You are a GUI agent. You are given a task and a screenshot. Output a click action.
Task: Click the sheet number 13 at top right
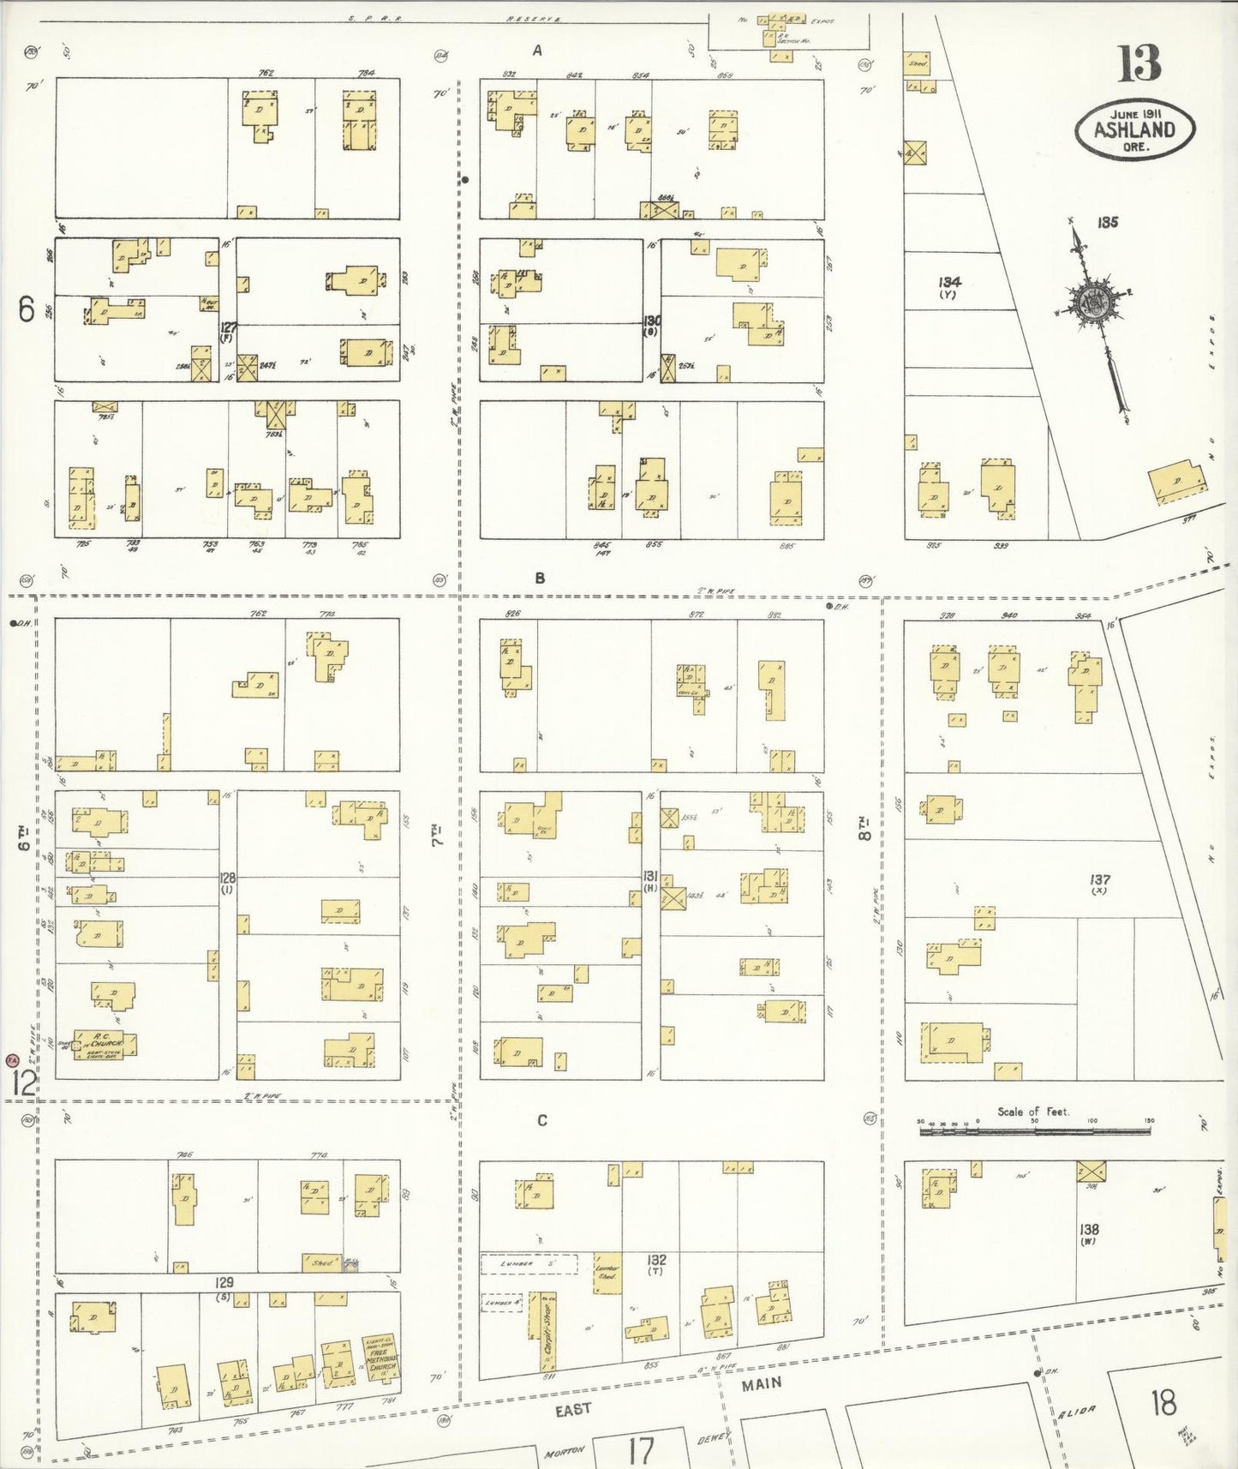[x=1139, y=64]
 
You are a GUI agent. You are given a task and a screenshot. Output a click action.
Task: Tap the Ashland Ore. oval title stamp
[x=1135, y=130]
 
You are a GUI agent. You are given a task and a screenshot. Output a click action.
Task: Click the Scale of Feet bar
[x=1034, y=1131]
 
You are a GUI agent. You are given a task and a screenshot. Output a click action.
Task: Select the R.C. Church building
[x=105, y=1044]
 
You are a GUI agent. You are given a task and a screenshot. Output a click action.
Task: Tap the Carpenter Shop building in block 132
[x=547, y=1331]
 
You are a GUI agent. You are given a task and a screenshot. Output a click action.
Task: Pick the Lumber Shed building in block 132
[x=607, y=1273]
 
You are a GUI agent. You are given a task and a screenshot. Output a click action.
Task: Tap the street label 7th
[x=437, y=836]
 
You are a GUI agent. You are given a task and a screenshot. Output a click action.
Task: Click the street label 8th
[x=865, y=830]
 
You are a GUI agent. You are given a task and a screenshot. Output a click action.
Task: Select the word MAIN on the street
[x=762, y=1383]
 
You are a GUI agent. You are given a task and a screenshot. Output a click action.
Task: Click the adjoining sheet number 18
[x=1163, y=1404]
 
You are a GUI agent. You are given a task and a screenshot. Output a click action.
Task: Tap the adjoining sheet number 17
[x=640, y=1450]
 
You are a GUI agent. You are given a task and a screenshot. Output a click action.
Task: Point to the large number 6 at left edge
[x=27, y=309]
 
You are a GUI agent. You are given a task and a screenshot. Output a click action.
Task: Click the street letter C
[x=541, y=1120]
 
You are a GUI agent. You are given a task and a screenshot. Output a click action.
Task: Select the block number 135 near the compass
[x=1107, y=223]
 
